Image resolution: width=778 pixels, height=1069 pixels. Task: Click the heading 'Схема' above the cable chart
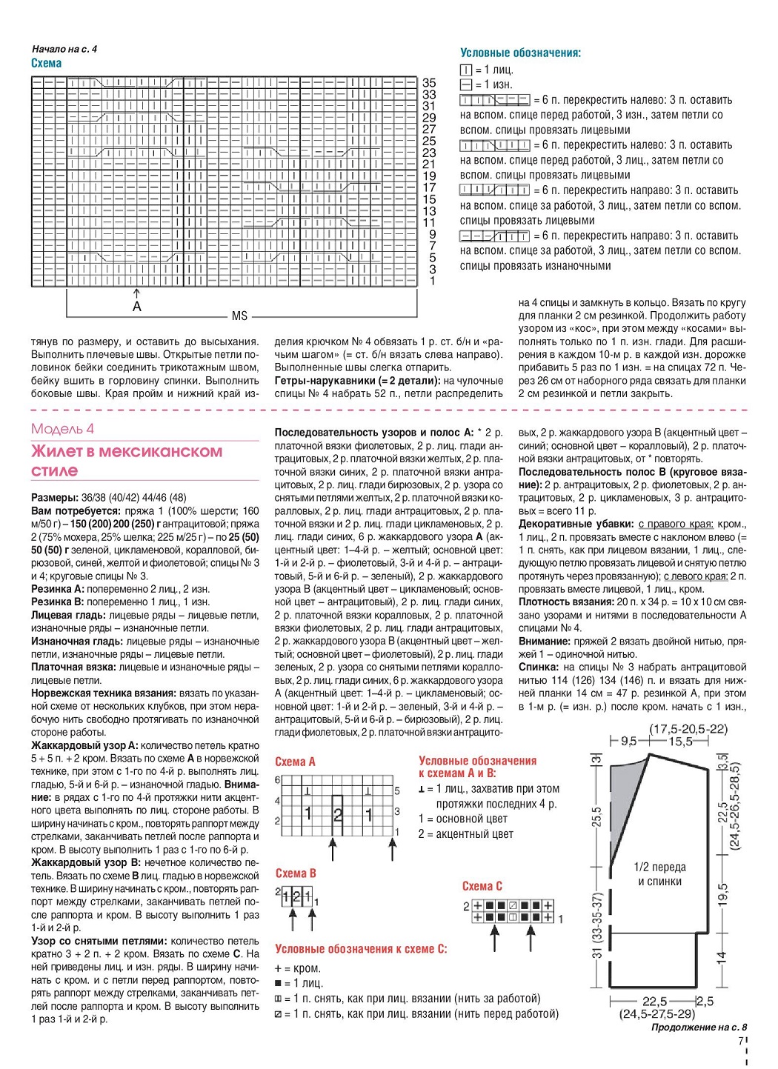click(x=46, y=64)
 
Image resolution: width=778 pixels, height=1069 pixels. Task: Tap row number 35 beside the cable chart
click(x=429, y=83)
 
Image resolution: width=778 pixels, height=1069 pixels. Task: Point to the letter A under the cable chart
click(x=136, y=306)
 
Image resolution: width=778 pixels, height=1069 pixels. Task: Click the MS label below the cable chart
click(x=239, y=316)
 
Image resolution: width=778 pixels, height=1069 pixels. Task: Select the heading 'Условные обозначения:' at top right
click(x=520, y=53)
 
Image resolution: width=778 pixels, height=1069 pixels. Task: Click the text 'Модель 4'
click(x=62, y=429)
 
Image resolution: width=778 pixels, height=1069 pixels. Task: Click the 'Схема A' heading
click(x=295, y=762)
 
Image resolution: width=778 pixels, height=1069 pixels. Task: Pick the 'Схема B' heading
click(x=296, y=873)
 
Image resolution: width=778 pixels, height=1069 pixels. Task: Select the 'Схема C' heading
click(x=482, y=886)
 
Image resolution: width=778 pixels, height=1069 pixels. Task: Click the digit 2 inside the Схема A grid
click(x=339, y=816)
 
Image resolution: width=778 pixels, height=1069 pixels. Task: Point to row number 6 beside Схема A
click(x=278, y=780)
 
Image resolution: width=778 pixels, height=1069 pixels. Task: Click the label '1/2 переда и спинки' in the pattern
click(x=659, y=874)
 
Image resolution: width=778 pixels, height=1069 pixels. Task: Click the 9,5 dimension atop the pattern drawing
click(x=629, y=741)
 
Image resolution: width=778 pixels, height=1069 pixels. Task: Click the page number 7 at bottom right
click(x=740, y=1040)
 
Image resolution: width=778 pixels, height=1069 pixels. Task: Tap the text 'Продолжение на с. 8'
click(x=699, y=1028)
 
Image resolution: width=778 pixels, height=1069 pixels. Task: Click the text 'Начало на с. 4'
click(x=64, y=49)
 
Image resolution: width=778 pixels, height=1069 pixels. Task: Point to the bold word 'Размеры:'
click(x=54, y=498)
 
